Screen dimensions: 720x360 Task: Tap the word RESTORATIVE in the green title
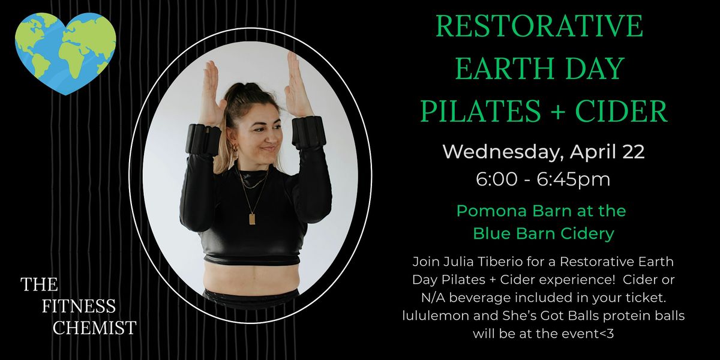pos(539,26)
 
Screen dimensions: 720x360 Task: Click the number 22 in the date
pos(633,151)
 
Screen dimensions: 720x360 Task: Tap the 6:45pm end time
pos(574,179)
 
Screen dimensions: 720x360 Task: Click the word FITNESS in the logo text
pos(79,306)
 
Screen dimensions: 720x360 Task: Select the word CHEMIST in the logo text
pos(95,328)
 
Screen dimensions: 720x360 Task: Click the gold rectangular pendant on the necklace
pos(252,219)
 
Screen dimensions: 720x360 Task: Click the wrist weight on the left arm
pos(205,140)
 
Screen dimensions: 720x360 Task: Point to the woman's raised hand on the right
pos(298,85)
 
